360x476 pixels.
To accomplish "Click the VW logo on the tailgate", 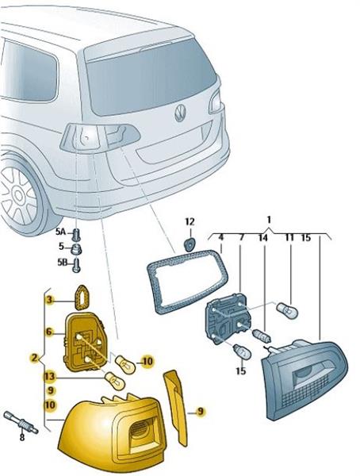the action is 180,113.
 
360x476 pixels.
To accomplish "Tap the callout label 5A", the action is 60,232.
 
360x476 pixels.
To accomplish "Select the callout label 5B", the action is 62,263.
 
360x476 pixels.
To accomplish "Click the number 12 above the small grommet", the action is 190,221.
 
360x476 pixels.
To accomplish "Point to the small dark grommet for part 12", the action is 190,244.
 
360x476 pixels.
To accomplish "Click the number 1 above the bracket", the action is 269,219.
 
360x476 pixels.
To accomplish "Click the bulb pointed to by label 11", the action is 287,310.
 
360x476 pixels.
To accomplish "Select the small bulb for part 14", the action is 262,336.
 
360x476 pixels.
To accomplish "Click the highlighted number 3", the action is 49,301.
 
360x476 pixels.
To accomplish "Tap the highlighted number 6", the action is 49,332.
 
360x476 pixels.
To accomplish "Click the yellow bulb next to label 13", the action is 114,379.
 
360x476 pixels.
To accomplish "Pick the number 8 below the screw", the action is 22,438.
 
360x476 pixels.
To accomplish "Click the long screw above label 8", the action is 21,421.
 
